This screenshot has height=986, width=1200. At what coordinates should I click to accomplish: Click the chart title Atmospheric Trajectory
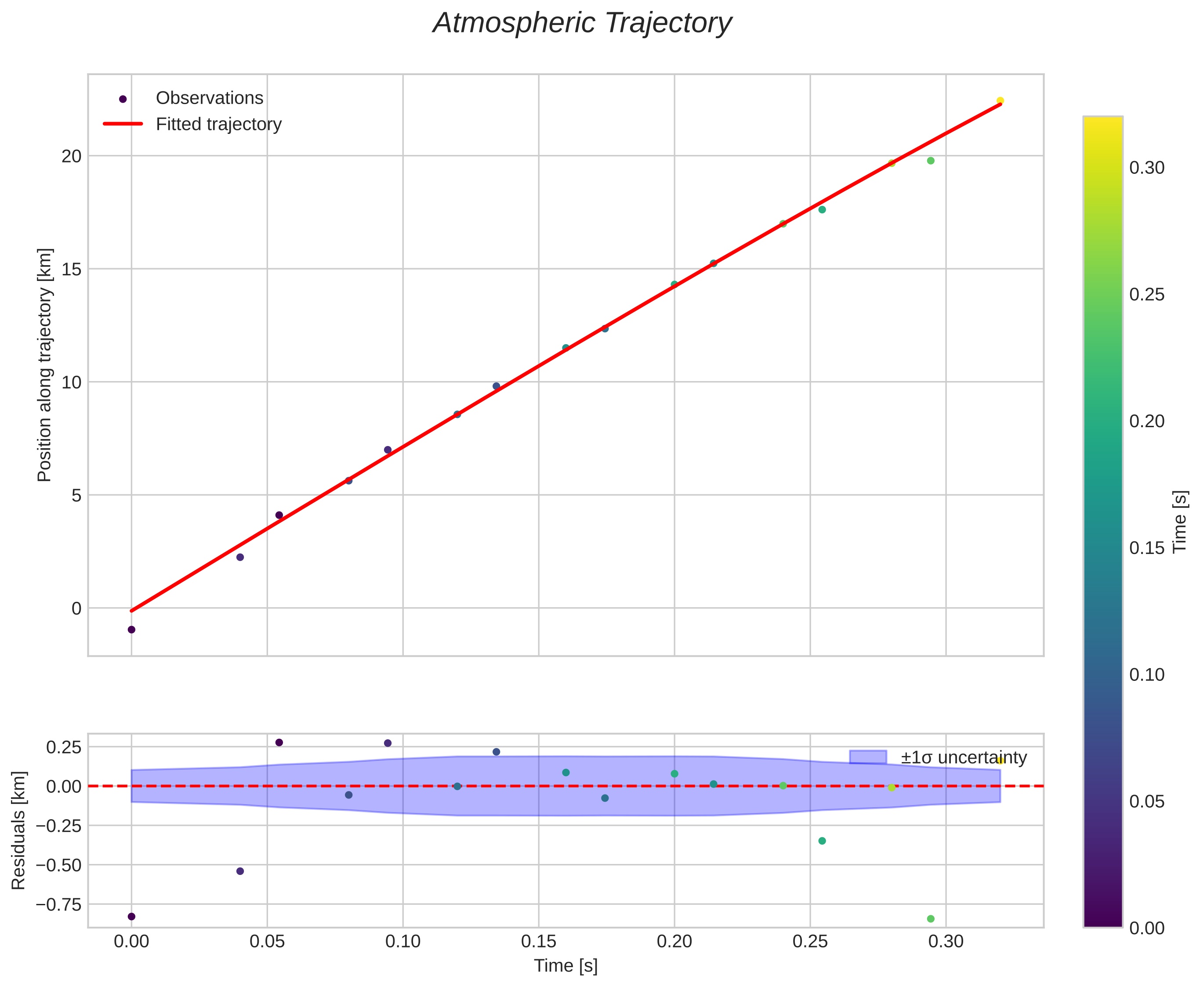click(582, 24)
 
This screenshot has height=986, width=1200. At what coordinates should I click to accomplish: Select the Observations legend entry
click(209, 98)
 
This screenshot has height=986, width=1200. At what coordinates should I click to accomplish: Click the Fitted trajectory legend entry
click(218, 124)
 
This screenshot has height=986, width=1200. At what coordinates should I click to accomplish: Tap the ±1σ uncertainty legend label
click(964, 758)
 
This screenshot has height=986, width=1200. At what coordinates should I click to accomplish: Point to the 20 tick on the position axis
click(72, 156)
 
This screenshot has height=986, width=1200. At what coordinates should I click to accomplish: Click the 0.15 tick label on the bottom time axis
click(538, 942)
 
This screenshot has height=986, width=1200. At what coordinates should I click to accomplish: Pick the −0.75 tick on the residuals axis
click(58, 903)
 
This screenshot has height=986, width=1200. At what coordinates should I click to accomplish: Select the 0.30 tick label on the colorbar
click(1146, 168)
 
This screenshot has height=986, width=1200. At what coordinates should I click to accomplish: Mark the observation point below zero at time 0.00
click(131, 630)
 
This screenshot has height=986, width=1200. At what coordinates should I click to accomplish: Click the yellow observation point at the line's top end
click(1000, 101)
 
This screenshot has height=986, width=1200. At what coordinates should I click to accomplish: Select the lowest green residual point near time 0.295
click(931, 918)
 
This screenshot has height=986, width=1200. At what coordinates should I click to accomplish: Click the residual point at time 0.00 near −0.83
click(131, 916)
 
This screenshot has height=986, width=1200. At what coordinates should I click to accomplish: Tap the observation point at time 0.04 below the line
click(240, 557)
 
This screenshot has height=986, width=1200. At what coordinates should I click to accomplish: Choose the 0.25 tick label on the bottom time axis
click(810, 942)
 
